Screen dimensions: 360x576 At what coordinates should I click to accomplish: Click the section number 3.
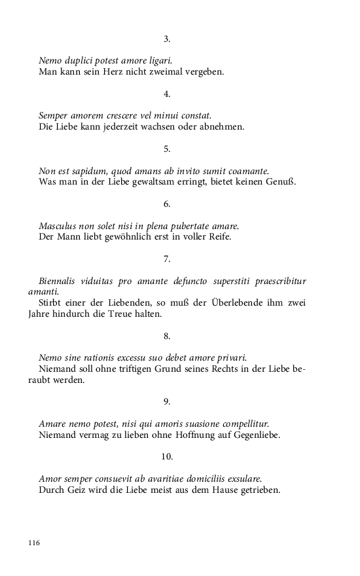(x=167, y=39)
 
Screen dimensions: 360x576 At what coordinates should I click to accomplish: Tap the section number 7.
(x=167, y=259)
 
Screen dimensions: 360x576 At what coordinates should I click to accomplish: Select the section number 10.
(x=167, y=457)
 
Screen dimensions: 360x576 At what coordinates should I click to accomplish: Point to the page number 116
(x=35, y=543)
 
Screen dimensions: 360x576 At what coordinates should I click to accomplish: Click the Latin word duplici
(x=80, y=60)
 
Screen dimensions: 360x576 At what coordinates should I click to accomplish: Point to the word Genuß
(x=281, y=181)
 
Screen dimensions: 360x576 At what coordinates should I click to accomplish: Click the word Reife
(x=217, y=236)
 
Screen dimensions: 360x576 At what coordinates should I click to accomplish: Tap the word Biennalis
(x=60, y=281)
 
